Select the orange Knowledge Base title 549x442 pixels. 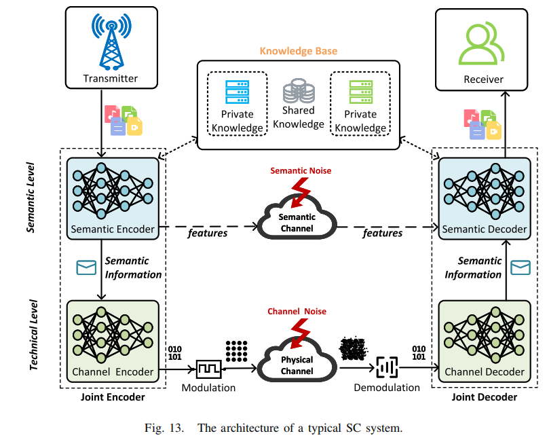(x=299, y=51)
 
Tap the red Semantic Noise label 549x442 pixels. (x=301, y=170)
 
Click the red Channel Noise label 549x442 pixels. (x=297, y=312)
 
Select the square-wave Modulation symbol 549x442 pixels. (x=208, y=370)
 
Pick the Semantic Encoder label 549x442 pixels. (x=112, y=229)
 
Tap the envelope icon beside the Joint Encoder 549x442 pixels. (x=86, y=268)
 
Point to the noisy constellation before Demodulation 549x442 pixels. (x=354, y=349)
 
